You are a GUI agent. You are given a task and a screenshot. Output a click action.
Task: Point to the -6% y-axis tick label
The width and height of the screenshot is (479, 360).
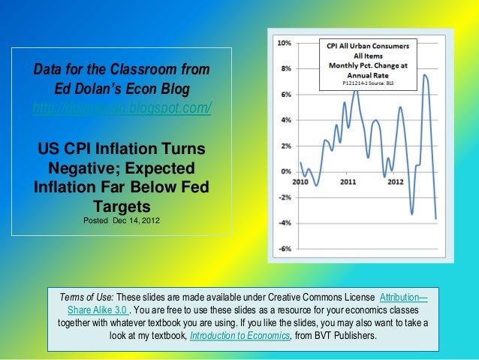pos(286,249)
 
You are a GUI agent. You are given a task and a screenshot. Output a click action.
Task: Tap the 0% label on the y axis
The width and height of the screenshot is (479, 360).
pos(287,171)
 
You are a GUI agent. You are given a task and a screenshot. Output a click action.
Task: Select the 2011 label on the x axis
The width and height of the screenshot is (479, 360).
pos(348,182)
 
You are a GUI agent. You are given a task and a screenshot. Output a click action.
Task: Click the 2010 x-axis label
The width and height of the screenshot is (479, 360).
pos(300,182)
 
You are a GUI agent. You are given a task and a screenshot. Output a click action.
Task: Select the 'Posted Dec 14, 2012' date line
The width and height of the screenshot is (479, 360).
pos(121,219)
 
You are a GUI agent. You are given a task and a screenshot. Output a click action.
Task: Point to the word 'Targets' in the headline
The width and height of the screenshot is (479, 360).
pos(122,205)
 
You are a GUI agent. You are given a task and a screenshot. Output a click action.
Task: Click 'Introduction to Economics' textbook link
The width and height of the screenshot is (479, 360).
pos(240,334)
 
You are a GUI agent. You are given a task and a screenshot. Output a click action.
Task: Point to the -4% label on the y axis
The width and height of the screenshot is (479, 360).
pos(286,223)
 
